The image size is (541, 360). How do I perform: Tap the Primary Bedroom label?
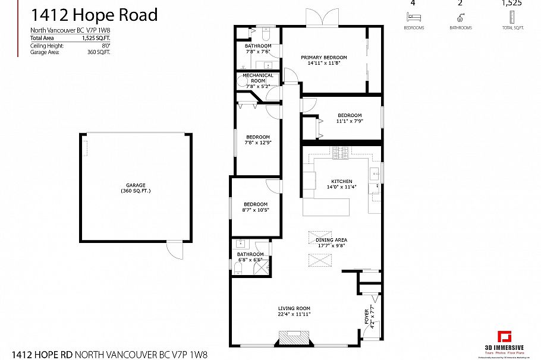[x=327, y=58]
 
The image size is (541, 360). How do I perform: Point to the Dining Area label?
[x=332, y=240]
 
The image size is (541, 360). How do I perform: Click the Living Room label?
[x=294, y=308]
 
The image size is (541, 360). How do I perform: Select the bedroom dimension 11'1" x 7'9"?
[x=350, y=121]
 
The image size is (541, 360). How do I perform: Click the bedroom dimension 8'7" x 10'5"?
[x=255, y=210]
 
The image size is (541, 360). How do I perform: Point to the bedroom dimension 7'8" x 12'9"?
[x=258, y=143]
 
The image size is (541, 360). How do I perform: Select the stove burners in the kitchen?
[x=341, y=153]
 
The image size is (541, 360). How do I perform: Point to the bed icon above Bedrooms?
[x=414, y=17]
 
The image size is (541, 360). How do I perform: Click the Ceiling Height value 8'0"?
[x=106, y=45]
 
